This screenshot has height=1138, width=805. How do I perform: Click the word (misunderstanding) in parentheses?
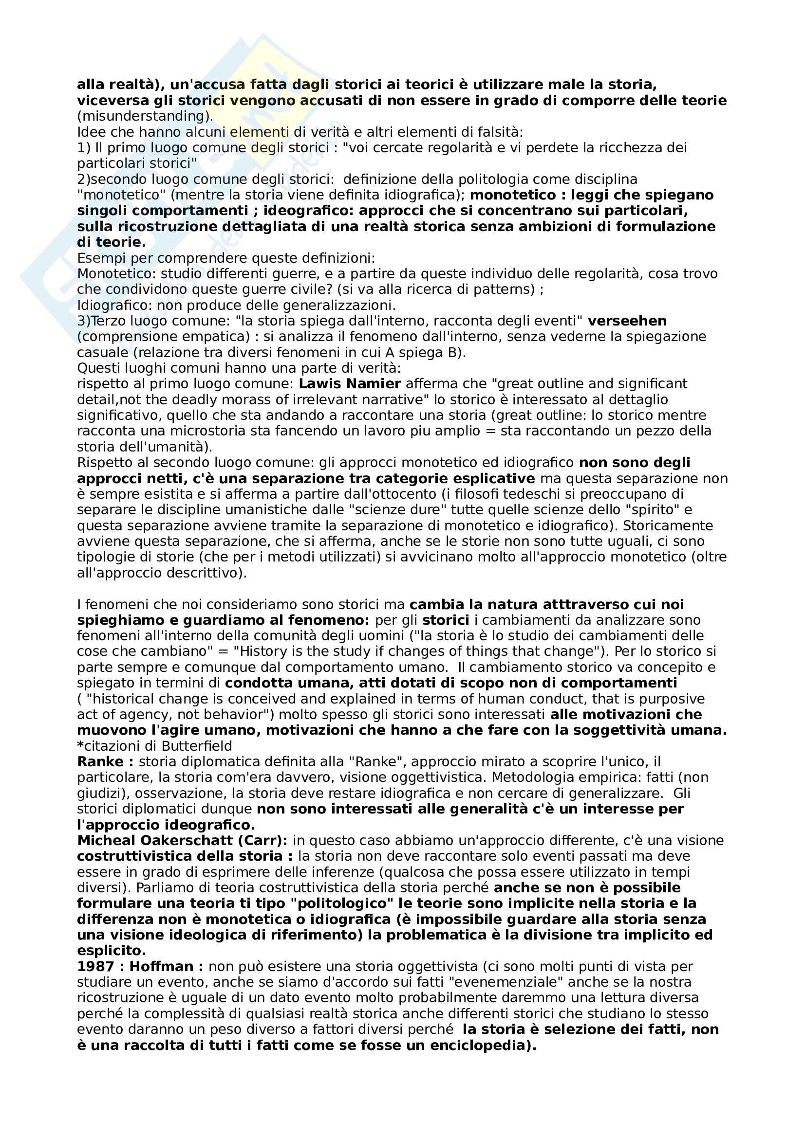(145, 116)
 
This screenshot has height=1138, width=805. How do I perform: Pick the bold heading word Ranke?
(100, 762)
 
